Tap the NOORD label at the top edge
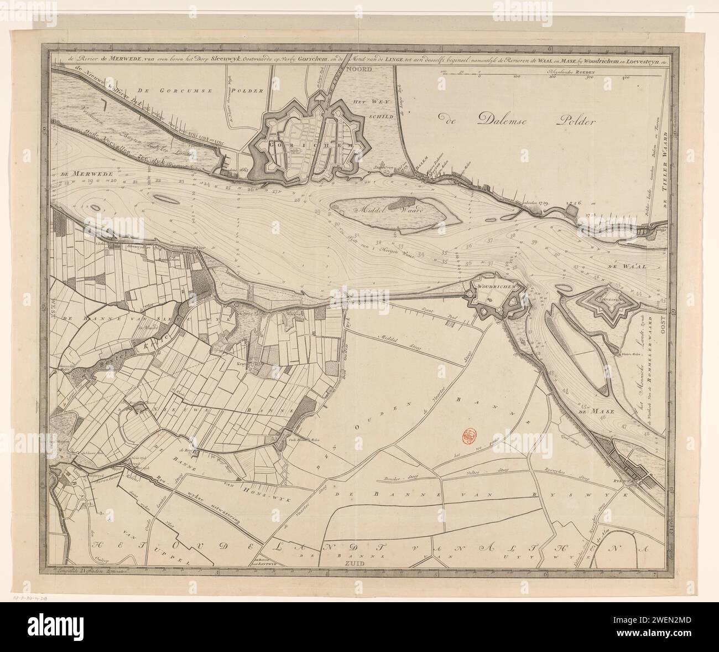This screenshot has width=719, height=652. point(360,69)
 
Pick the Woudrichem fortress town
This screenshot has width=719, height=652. point(495,296)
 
